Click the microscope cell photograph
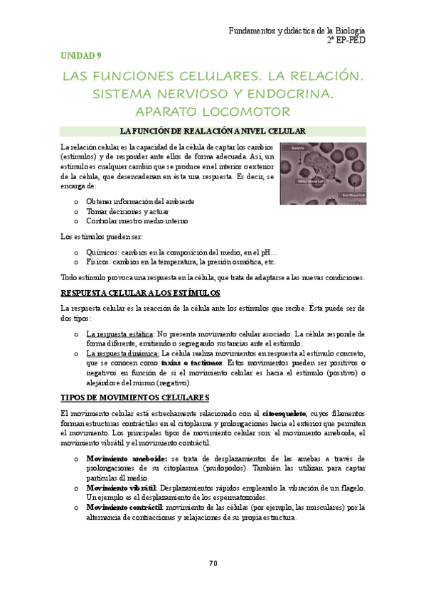pos(323,174)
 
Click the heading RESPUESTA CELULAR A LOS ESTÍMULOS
pos(141,293)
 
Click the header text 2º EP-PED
pos(346,41)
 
